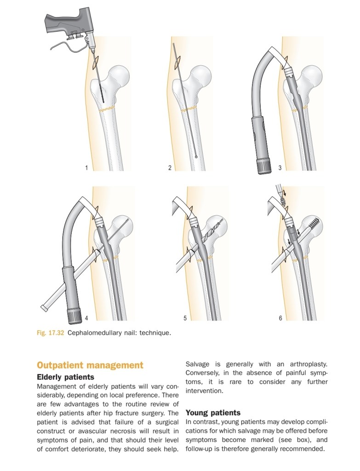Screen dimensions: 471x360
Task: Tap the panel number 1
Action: [86, 168]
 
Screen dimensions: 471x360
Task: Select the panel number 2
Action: [170, 168]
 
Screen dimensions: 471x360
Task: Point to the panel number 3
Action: [280, 168]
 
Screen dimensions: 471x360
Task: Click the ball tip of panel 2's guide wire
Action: [196, 157]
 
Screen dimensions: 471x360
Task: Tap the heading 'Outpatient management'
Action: [90, 366]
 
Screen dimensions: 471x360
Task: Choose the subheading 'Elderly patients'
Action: [65, 377]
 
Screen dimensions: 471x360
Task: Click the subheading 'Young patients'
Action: [213, 413]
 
